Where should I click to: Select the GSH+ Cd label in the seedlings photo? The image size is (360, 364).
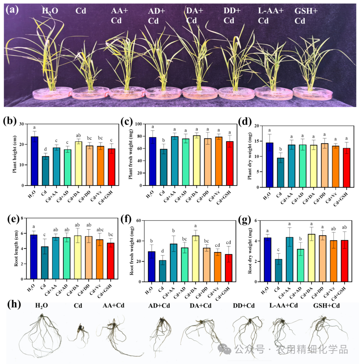306,16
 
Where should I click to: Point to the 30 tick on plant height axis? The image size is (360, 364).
22,124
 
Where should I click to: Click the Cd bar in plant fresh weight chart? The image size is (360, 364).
164,167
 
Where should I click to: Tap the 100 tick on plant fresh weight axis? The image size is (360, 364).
138,124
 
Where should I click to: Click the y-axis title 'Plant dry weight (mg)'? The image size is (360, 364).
249,156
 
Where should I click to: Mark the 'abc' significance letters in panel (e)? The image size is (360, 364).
100,230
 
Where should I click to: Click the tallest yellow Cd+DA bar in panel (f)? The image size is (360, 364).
195,259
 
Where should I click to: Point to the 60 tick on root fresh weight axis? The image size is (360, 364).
138,221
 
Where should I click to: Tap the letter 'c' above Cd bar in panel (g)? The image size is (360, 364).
278,249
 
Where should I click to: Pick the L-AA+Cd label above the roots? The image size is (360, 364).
284,305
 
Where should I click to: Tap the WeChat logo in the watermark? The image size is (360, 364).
224,349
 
